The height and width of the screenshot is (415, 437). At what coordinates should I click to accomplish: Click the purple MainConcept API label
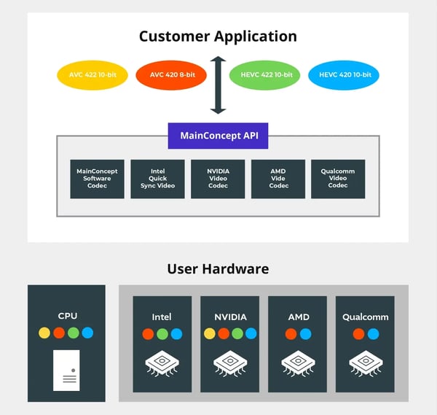218,136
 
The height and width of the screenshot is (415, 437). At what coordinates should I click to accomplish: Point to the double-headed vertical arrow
218,85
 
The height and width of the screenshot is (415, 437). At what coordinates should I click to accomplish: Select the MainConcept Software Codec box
97,179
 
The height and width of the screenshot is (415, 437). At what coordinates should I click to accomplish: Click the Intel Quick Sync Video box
157,179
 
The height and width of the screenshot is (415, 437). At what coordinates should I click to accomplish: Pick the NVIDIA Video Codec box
218,179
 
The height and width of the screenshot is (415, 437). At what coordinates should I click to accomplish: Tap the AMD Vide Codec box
278,179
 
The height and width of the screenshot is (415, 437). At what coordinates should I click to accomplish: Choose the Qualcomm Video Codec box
338,179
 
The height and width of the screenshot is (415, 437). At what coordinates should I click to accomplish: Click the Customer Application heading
218,36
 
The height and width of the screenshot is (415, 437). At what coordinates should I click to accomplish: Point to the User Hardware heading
218,268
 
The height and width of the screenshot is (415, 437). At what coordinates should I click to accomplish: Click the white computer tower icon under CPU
66,370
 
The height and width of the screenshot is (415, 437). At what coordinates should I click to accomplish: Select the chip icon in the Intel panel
162,362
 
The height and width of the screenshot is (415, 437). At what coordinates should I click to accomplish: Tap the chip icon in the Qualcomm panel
365,362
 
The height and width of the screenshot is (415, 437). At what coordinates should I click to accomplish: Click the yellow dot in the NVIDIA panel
210,334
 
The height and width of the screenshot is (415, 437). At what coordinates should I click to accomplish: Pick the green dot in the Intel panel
162,334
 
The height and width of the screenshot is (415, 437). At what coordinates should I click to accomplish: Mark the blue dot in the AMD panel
305,334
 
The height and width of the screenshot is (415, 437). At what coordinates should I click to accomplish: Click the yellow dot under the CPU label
44,333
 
